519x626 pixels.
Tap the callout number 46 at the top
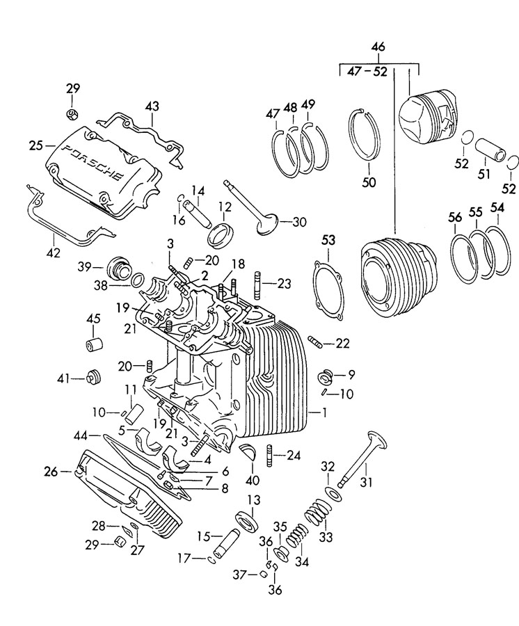(x=378, y=47)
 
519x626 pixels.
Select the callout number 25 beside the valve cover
(x=36, y=146)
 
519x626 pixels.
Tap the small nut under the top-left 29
(x=72, y=113)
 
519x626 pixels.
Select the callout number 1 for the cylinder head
(x=324, y=412)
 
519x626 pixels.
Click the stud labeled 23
(x=257, y=284)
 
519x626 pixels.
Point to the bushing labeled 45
(x=95, y=344)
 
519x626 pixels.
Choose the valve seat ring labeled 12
(x=221, y=236)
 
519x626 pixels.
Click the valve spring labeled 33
(x=318, y=512)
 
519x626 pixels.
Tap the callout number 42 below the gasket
(x=54, y=252)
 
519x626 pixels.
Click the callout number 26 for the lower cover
(x=51, y=472)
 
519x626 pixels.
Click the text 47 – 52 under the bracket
(x=367, y=72)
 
